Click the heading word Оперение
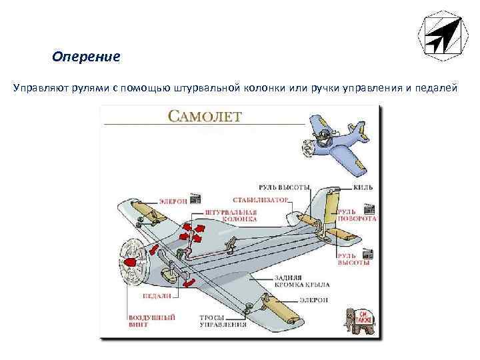tap(86, 57)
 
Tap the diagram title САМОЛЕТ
tap(205, 117)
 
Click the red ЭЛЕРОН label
tap(173, 200)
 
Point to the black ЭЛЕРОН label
tap(313, 301)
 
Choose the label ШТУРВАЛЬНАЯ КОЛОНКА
tap(231, 215)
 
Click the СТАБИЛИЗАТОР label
tap(261, 199)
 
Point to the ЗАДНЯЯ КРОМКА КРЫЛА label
tap(294, 281)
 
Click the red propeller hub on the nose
tap(131, 263)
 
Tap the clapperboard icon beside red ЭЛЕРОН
tap(196, 199)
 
